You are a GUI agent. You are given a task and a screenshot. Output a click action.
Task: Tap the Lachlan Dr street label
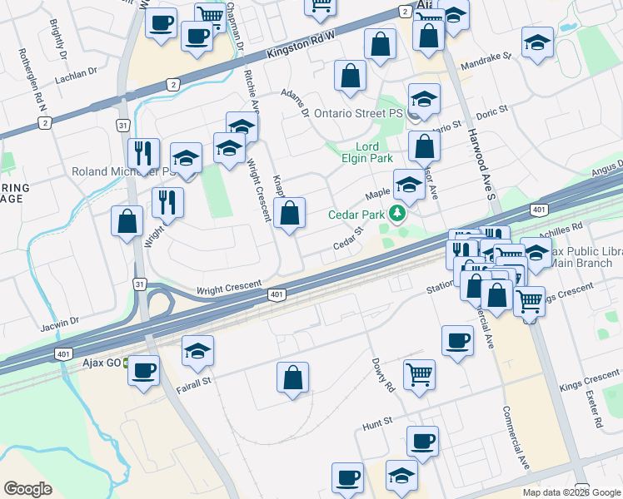[76, 75]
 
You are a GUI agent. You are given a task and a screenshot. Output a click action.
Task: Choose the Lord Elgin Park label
[367, 152]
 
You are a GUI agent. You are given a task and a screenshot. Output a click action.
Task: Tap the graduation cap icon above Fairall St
[198, 349]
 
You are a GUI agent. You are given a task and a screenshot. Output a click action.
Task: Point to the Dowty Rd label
[384, 376]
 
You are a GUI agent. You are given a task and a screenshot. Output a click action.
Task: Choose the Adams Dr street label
[295, 101]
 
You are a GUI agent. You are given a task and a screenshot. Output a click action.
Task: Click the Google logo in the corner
[27, 489]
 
